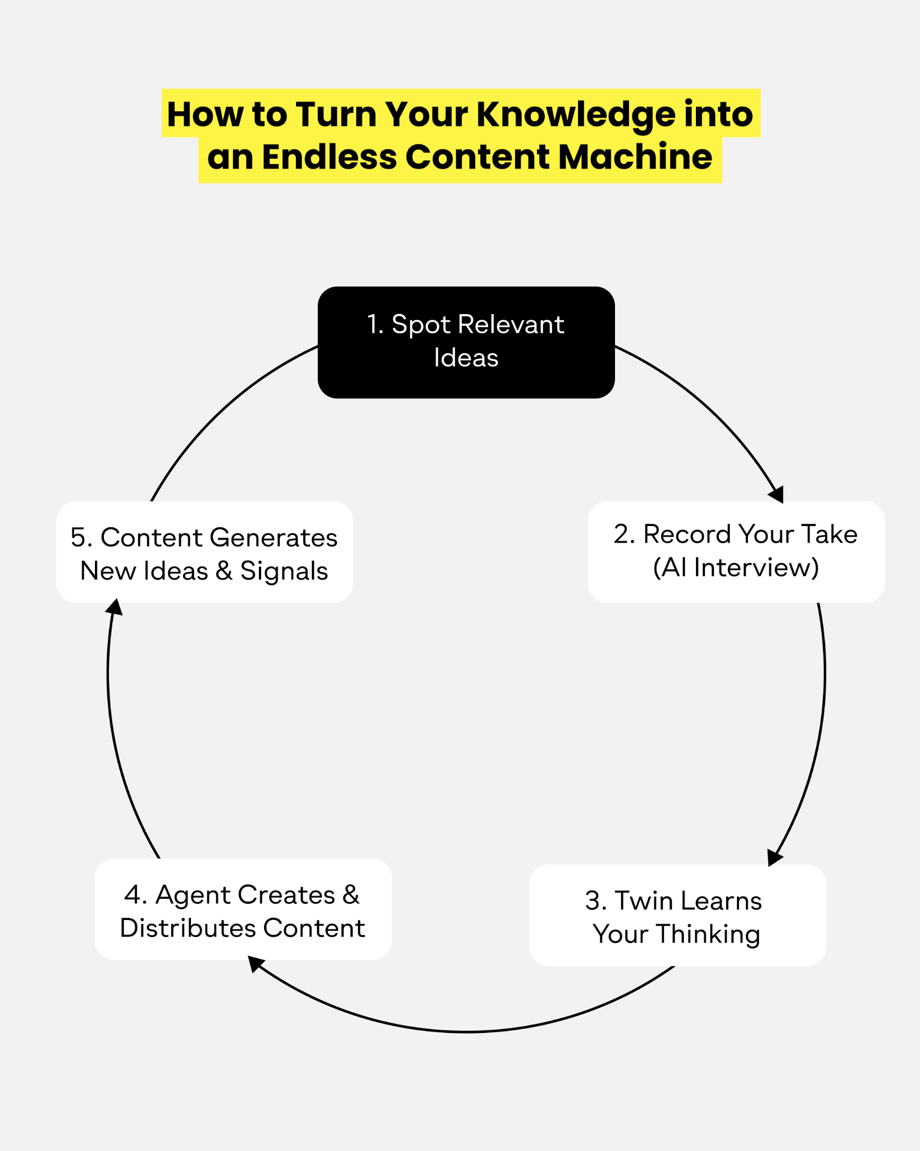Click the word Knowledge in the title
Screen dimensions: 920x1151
(576, 115)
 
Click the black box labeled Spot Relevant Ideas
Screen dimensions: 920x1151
(466, 342)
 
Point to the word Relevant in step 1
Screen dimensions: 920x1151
(511, 324)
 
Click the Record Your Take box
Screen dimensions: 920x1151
(736, 552)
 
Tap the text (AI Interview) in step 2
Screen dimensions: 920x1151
(736, 568)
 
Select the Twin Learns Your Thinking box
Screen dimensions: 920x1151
(677, 915)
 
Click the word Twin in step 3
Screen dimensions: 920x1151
(644, 900)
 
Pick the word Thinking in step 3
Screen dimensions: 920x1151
(708, 935)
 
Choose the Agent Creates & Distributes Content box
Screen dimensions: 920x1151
(243, 909)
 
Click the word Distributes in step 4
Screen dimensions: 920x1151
(188, 928)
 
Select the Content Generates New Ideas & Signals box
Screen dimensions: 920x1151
(204, 552)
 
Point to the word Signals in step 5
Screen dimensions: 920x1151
(284, 572)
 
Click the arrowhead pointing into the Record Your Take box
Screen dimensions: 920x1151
(777, 495)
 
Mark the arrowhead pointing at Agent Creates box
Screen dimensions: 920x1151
(256, 963)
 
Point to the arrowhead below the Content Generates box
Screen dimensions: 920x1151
(115, 608)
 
